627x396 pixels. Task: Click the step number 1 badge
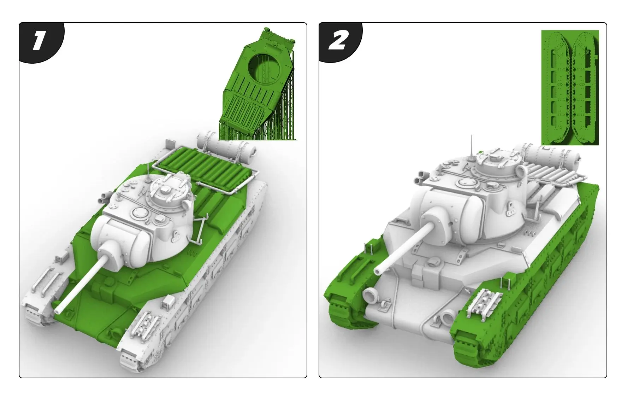[39, 41]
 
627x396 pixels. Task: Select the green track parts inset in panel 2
[570, 87]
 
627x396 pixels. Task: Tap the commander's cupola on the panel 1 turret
[166, 191]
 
